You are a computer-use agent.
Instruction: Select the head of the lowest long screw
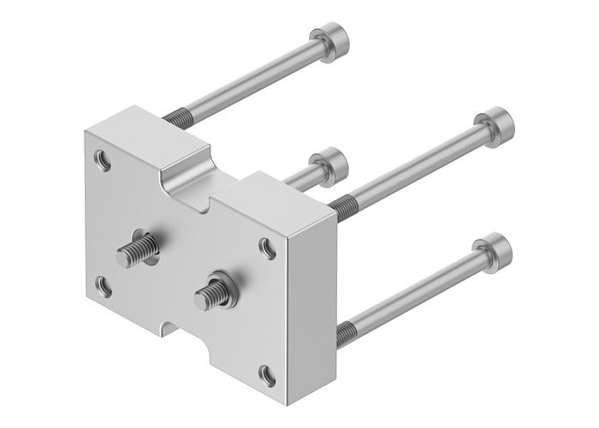[x=496, y=249]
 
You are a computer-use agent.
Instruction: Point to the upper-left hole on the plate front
[x=104, y=159]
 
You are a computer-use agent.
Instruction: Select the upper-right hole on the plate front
[x=268, y=247]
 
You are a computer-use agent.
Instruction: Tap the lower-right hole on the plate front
[x=267, y=372]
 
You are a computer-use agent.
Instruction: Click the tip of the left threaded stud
[x=121, y=253]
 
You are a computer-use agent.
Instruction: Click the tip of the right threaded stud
[x=205, y=296]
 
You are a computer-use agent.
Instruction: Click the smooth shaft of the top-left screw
[x=257, y=79]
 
